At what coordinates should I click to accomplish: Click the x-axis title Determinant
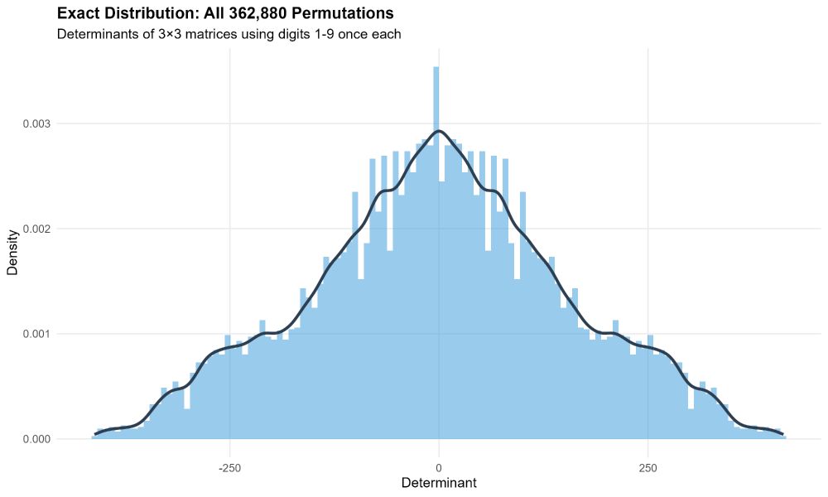tap(439, 482)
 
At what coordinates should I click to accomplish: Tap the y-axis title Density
tap(14, 252)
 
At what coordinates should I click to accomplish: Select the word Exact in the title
tap(78, 14)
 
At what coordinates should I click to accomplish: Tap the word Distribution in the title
tap(148, 14)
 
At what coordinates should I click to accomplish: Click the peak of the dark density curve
tap(439, 131)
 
